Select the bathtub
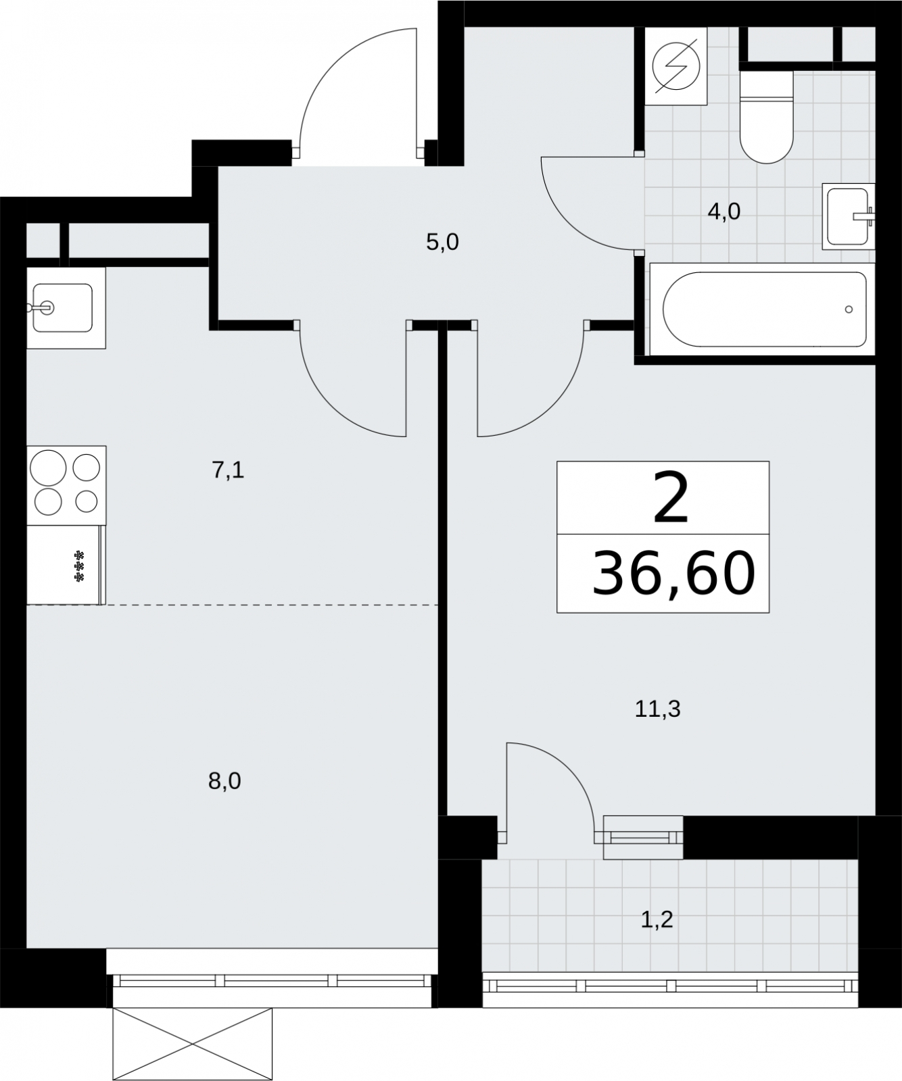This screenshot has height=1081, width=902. [x=762, y=309]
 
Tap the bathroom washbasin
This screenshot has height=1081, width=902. [x=849, y=216]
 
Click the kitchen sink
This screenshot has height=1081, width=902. [x=66, y=308]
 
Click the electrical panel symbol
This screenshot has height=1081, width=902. [x=676, y=66]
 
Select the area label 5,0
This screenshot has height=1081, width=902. [x=442, y=242]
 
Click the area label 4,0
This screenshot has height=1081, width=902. [x=723, y=212]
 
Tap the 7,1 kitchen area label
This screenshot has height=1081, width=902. [x=228, y=470]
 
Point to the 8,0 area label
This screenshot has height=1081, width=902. [x=224, y=782]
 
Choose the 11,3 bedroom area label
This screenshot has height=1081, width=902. [x=657, y=709]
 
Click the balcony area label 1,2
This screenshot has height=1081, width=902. [x=657, y=920]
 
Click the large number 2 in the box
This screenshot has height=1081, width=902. [x=671, y=499]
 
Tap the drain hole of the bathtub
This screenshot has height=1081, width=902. [x=849, y=309]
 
